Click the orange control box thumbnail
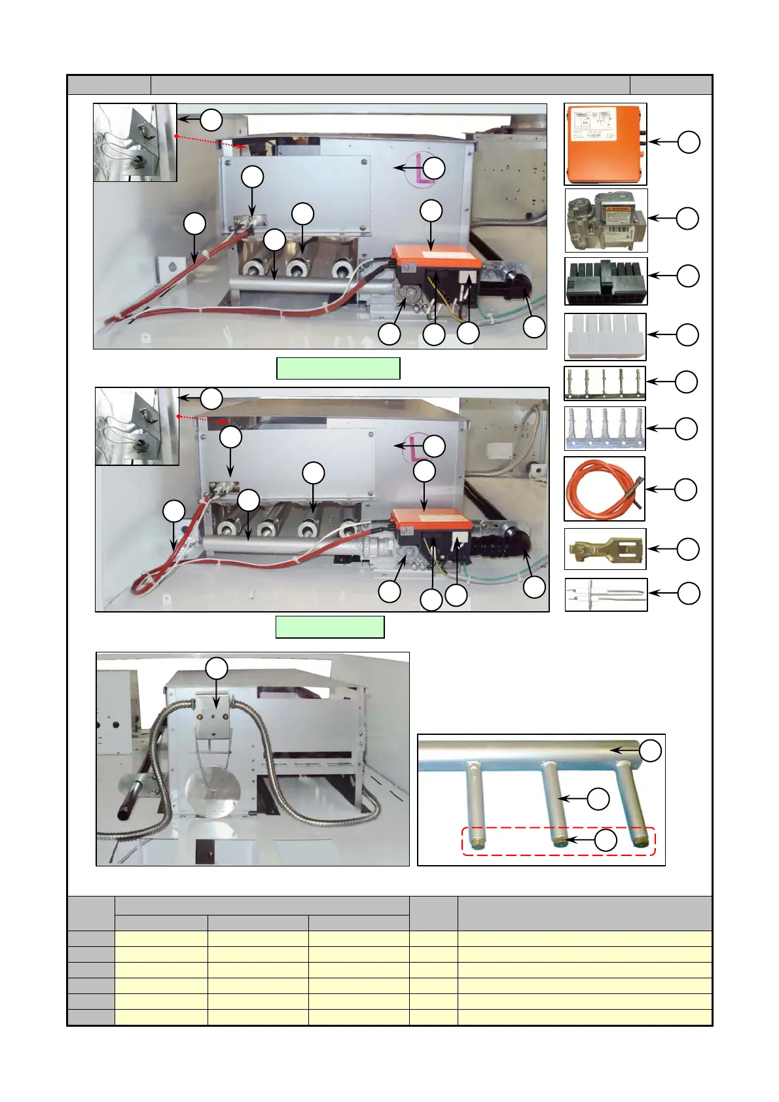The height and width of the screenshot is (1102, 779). click(x=605, y=144)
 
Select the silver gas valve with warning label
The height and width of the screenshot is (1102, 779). click(x=606, y=221)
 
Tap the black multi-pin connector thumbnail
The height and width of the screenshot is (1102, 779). click(x=606, y=281)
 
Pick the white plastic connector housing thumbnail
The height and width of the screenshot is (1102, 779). click(x=605, y=336)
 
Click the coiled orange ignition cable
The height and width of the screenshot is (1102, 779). click(x=604, y=489)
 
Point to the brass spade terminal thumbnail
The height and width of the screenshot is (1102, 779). click(x=604, y=549)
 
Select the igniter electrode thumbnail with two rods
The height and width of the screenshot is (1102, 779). click(x=606, y=594)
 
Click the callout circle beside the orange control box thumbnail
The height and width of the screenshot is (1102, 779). click(x=689, y=142)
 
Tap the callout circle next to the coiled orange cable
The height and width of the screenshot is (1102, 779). click(x=685, y=489)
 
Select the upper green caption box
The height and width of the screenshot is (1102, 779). click(x=338, y=368)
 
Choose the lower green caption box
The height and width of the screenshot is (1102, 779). click(x=329, y=627)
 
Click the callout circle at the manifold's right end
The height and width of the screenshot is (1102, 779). click(x=650, y=751)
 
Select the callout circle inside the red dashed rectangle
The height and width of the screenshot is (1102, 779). click(x=606, y=840)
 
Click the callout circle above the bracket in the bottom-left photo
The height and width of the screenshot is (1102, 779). click(x=217, y=669)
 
